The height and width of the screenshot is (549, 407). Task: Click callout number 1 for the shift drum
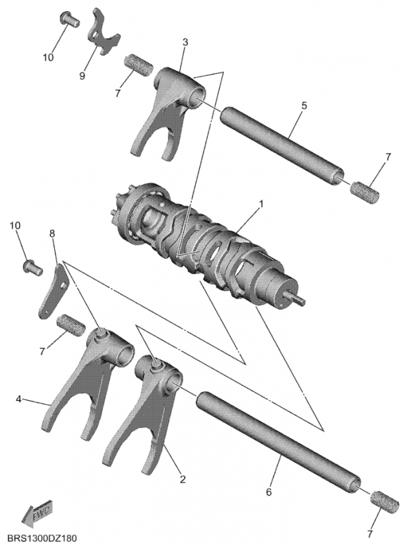(x=261, y=204)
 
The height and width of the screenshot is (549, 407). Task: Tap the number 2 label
(x=182, y=479)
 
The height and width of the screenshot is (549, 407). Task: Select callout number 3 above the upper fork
(x=186, y=43)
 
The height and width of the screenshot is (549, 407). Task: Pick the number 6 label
(x=269, y=492)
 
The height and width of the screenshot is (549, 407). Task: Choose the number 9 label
(x=82, y=75)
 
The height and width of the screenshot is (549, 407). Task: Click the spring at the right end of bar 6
(x=386, y=500)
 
